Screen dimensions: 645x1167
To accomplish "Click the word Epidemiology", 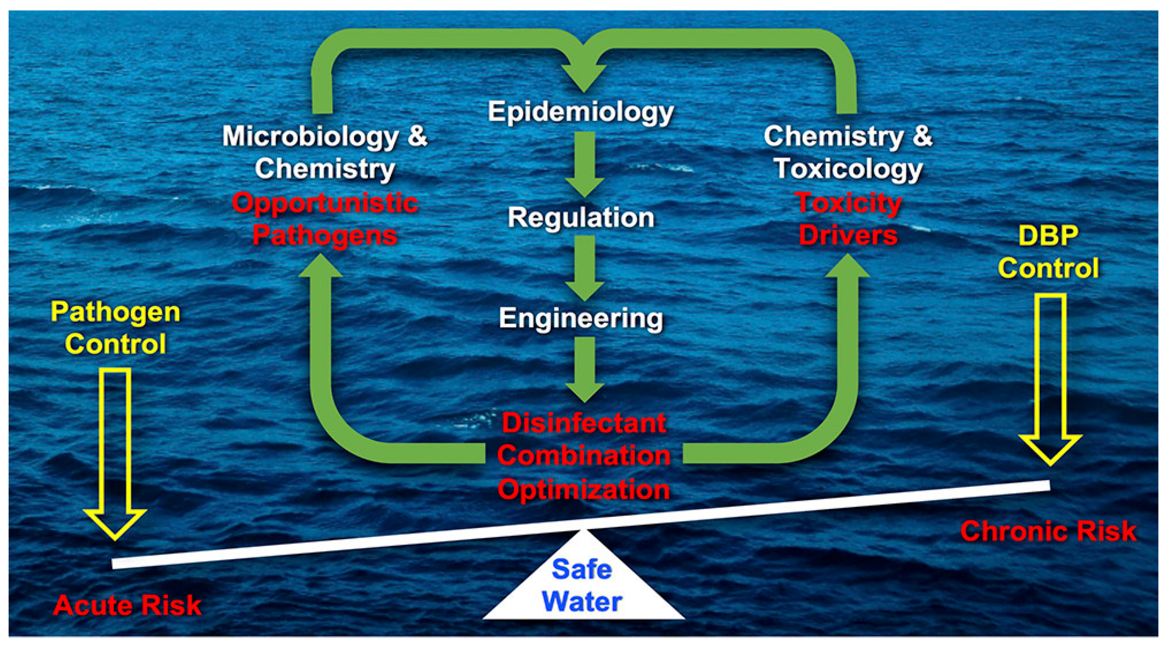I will pyautogui.click(x=581, y=112).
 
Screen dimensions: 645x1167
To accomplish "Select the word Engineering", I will pyautogui.click(x=581, y=318).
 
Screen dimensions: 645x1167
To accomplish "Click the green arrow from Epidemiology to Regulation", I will pyautogui.click(x=584, y=163).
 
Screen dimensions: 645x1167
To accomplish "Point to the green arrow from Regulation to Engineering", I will pyautogui.click(x=584, y=267).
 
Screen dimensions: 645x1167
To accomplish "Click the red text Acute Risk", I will pyautogui.click(x=127, y=606).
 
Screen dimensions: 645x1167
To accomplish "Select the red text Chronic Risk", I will pyautogui.click(x=1048, y=531).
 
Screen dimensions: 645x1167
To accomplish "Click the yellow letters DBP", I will pyautogui.click(x=1048, y=236).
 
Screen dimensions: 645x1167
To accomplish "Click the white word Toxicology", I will pyautogui.click(x=848, y=169).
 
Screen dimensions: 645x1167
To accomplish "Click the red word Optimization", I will pyautogui.click(x=584, y=490).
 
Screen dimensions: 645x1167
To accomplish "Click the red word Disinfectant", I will pyautogui.click(x=584, y=423).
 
